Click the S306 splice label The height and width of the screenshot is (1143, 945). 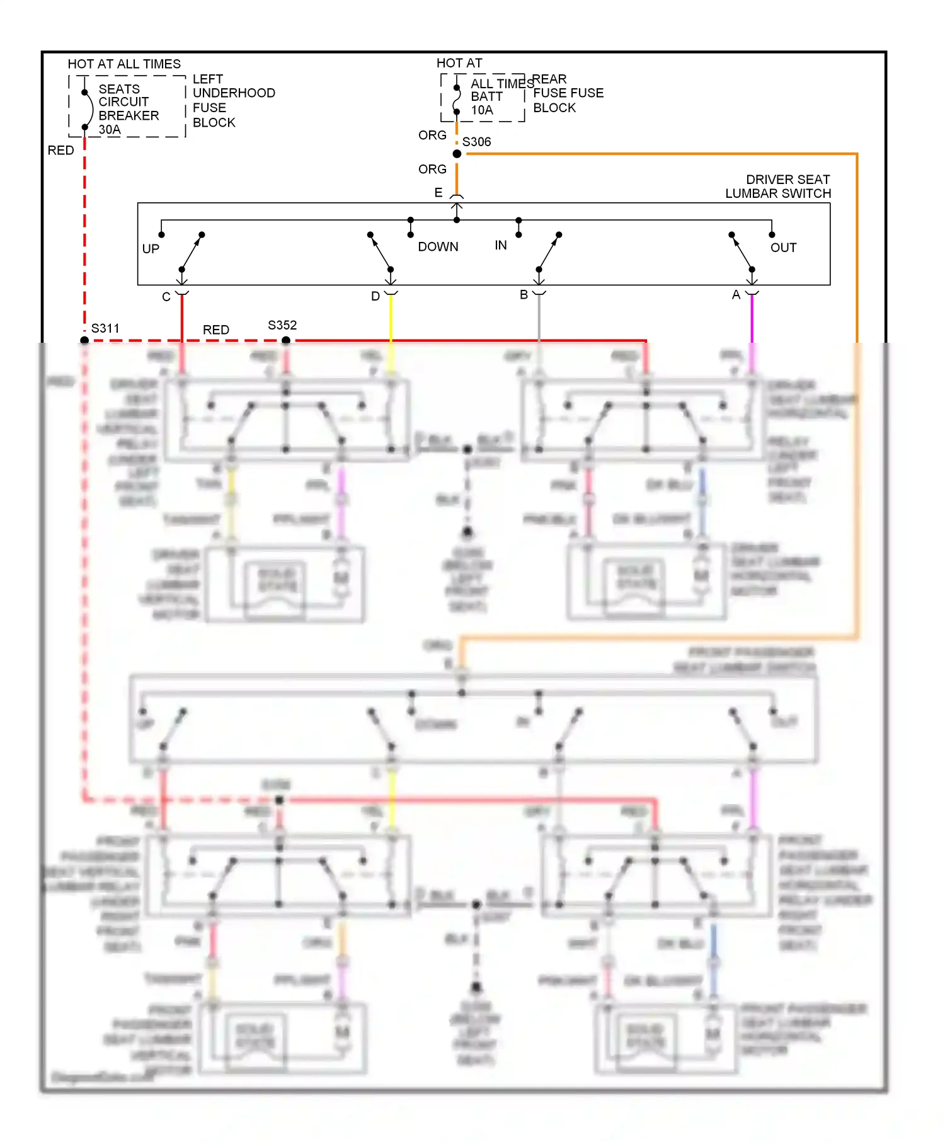pos(476,142)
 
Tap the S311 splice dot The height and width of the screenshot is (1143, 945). pos(84,340)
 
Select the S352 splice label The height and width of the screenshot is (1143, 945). pos(282,325)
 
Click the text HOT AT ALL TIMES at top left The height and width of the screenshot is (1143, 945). pos(124,64)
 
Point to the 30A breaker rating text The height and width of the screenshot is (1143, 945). pos(110,130)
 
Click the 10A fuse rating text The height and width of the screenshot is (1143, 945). pos(482,110)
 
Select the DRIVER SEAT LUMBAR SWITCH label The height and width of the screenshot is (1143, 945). pos(778,187)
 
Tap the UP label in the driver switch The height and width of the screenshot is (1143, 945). pos(151,249)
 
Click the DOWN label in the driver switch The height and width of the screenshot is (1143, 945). pos(438,247)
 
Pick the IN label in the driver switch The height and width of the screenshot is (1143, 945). pos(501,245)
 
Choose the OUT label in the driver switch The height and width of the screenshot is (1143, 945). pos(783,248)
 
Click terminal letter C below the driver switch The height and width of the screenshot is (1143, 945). pos(166,297)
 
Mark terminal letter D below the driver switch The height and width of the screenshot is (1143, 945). pos(375,296)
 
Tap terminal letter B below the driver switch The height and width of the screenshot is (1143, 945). pos(524,295)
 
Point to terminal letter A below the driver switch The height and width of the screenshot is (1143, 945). pos(736,295)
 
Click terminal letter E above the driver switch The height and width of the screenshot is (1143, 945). pos(438,193)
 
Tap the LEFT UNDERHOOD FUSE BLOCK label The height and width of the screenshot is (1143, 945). pos(233,101)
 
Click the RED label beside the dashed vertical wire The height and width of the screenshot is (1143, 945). pos(61,151)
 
